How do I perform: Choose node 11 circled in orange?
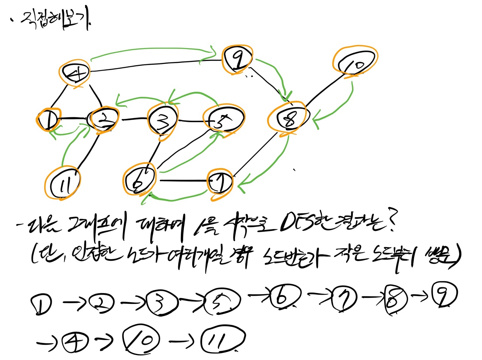[x=63, y=184]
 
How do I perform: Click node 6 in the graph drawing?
[x=139, y=180]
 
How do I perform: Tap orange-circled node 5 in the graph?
[x=223, y=120]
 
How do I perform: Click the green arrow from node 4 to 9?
[x=151, y=50]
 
